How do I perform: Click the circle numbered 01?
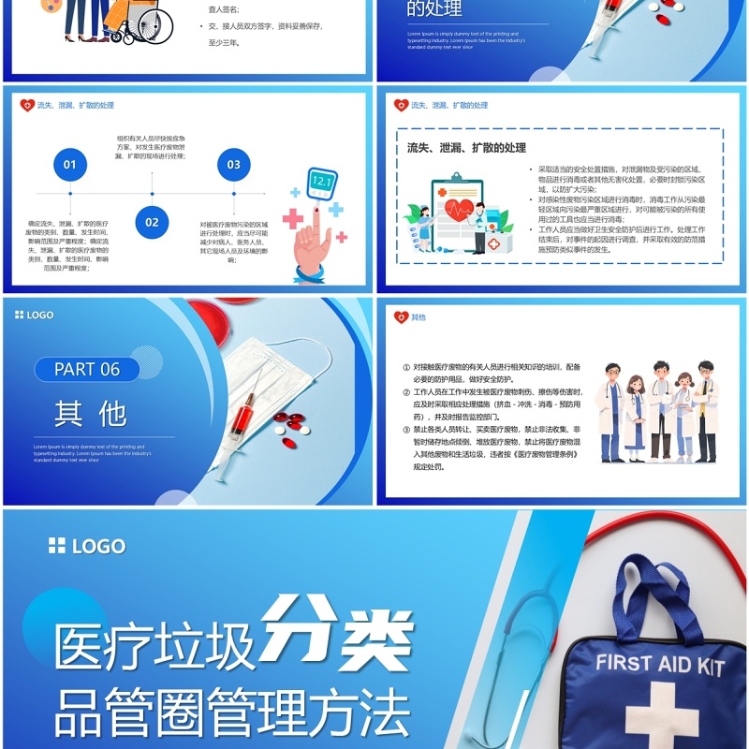tap(69, 165)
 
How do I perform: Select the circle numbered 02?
tap(152, 223)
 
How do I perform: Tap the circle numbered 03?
tap(233, 165)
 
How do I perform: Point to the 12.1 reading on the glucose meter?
tap(321, 182)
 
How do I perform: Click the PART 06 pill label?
tap(87, 369)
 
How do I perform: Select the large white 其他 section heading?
tap(90, 413)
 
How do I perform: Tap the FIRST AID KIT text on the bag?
tap(660, 665)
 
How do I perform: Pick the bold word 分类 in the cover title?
tap(337, 627)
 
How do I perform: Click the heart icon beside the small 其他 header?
tap(401, 317)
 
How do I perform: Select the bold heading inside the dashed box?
tap(466, 148)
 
